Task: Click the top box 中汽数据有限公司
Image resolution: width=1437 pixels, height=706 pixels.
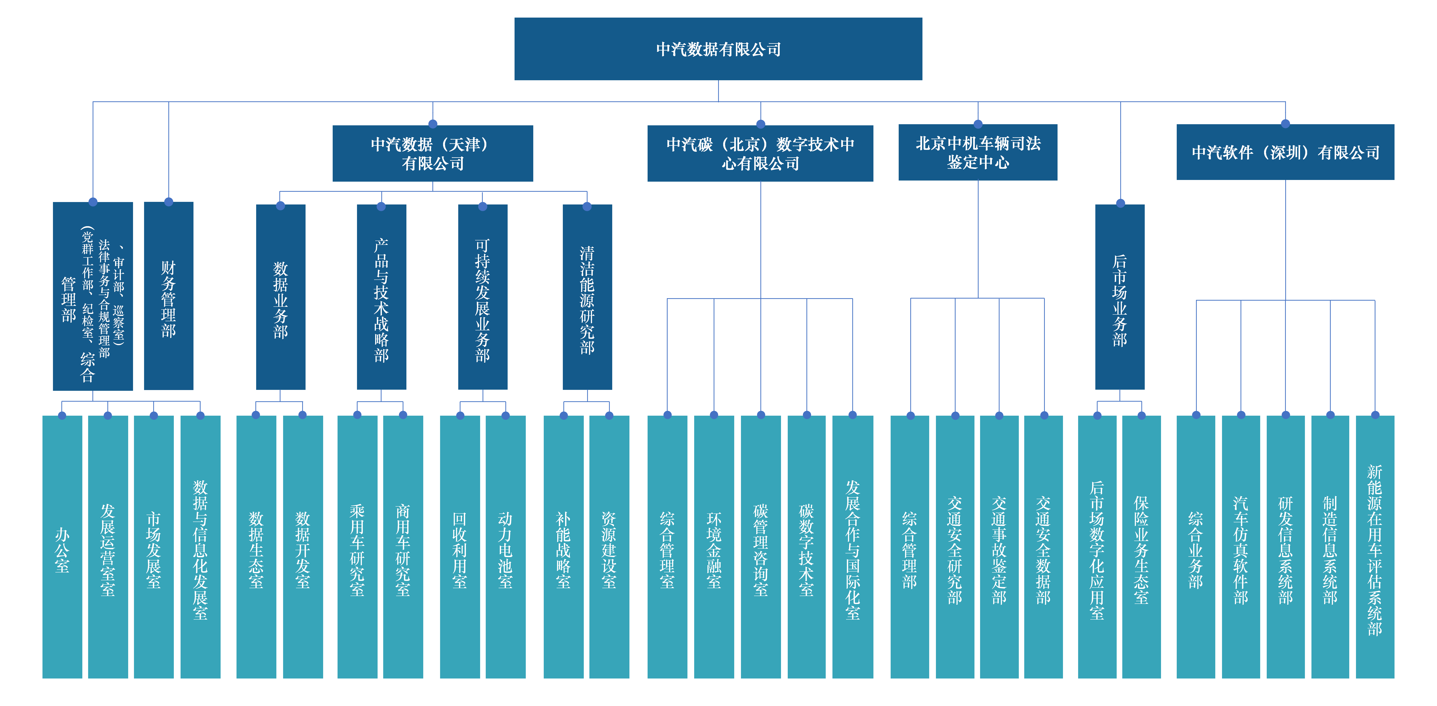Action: pos(718,49)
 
